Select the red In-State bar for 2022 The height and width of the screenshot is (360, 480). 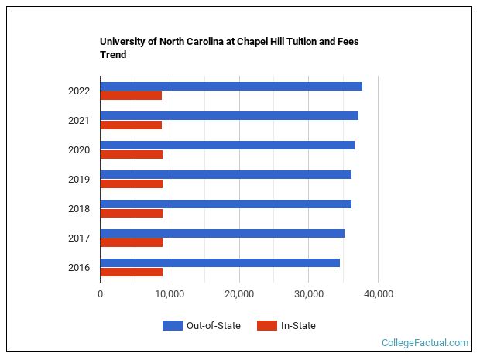pos(131,95)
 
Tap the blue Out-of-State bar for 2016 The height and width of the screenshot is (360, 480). pos(220,262)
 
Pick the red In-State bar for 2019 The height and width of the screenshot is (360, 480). pos(132,183)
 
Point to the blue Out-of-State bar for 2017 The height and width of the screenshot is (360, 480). pos(222,233)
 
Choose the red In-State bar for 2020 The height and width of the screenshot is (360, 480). pos(132,154)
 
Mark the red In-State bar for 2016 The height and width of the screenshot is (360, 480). pos(132,272)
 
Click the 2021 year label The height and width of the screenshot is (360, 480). pos(79,121)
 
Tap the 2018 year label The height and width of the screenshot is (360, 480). pos(79,209)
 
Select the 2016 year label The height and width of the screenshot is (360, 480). pos(79,268)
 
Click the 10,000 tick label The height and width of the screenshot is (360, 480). pos(170,294)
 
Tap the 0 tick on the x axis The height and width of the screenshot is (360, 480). pos(101,294)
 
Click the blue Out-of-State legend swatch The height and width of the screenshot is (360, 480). pos(172,326)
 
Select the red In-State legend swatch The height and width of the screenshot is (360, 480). pos(266,326)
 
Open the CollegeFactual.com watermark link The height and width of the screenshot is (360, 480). pos(425,342)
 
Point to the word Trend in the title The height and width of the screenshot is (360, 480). pos(113,55)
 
